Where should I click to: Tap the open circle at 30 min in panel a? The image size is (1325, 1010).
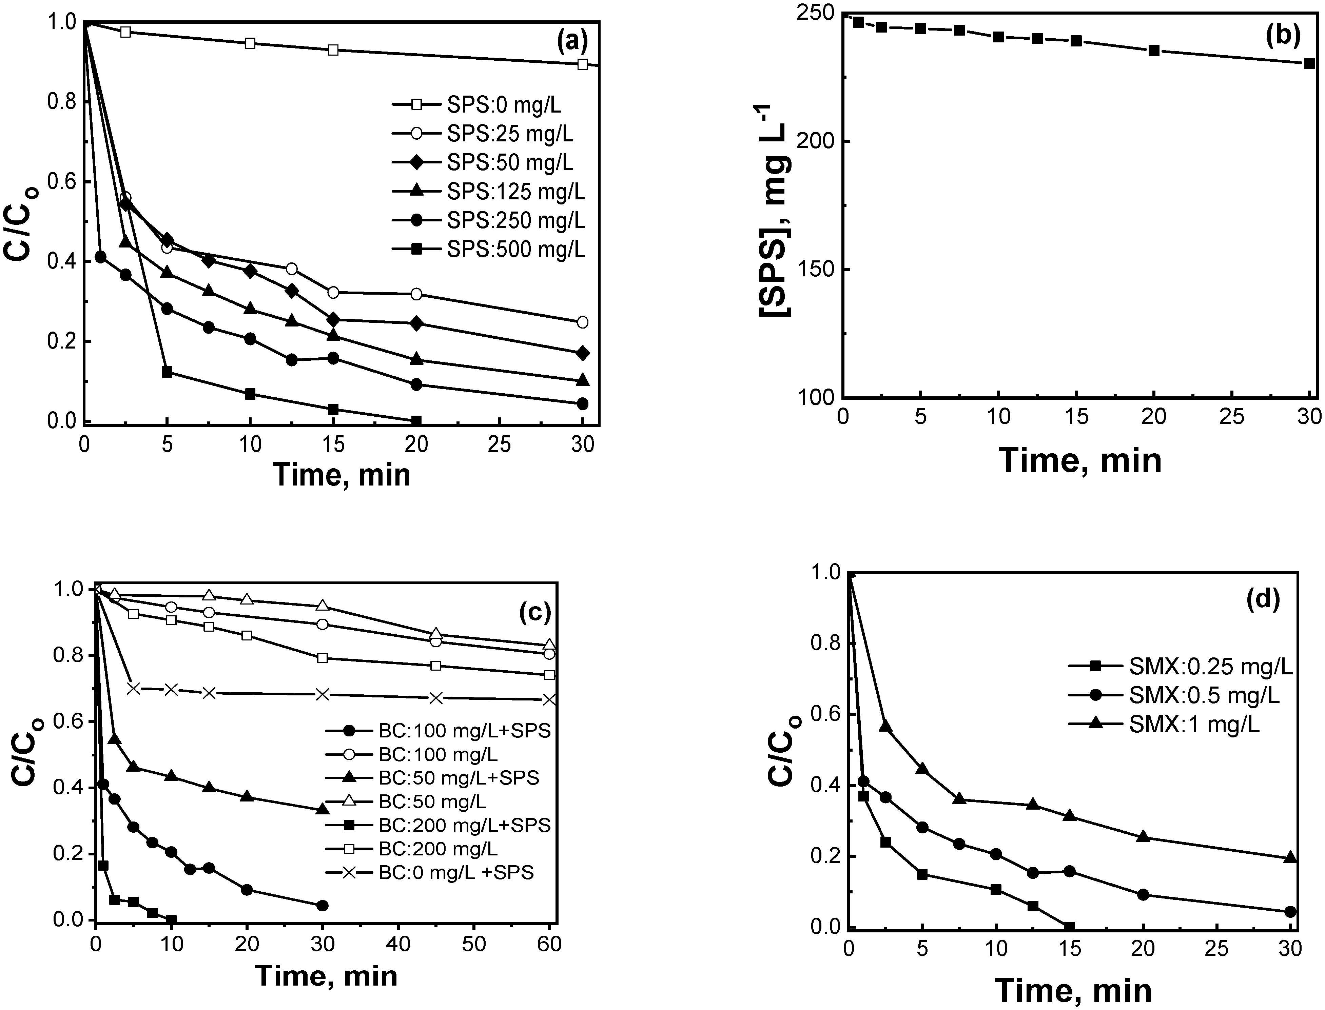(582, 322)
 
